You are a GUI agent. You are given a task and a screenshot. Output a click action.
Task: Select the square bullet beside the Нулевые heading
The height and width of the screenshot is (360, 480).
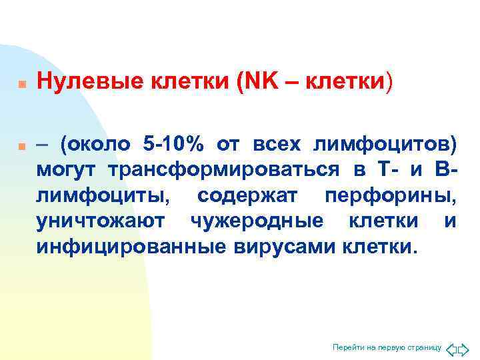tap(22, 85)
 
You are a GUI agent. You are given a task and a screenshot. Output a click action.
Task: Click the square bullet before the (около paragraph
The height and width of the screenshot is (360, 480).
tap(22, 145)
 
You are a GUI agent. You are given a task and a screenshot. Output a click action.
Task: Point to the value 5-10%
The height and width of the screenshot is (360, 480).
tap(179, 144)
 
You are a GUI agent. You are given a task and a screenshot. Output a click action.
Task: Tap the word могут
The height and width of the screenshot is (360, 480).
tap(68, 170)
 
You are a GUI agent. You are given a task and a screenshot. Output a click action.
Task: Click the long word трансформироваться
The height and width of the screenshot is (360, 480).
tap(223, 170)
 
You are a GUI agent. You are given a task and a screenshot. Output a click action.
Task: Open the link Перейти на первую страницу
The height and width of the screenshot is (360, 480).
tap(387, 347)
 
